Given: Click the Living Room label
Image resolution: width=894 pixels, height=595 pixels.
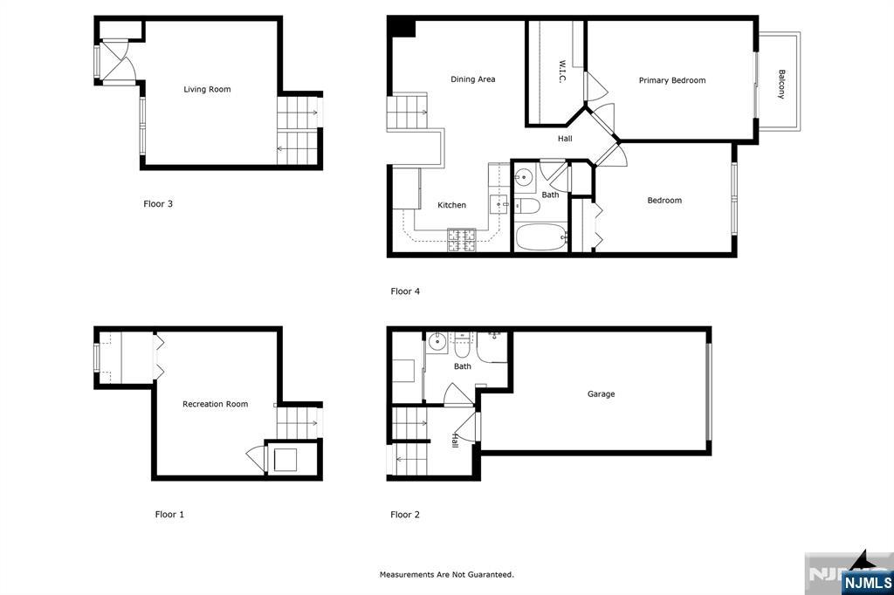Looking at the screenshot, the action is [x=207, y=90].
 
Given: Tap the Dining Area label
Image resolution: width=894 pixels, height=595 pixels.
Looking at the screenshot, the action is [x=472, y=79].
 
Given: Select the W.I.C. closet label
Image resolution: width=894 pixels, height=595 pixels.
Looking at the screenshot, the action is [x=561, y=72].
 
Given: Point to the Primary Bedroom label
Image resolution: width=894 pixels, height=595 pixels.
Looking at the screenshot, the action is [x=672, y=80].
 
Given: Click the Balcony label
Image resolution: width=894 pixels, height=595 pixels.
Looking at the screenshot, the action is [x=781, y=85].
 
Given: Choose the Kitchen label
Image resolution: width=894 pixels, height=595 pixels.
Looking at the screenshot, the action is [x=451, y=205].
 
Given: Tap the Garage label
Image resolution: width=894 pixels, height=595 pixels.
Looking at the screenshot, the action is [x=601, y=393].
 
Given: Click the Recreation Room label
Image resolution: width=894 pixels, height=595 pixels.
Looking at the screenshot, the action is [x=215, y=404].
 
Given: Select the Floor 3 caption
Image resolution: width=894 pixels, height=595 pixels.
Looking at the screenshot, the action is [x=158, y=203].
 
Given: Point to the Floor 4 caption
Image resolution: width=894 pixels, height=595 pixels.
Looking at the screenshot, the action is [x=405, y=291].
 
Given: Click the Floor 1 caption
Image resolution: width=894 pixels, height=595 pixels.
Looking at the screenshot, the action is [x=169, y=514].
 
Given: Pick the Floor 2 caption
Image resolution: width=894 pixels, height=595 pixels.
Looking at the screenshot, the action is [x=405, y=514].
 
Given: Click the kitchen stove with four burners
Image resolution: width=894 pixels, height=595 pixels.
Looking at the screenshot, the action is [x=461, y=240].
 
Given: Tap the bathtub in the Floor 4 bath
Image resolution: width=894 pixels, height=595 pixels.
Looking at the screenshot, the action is [x=541, y=237].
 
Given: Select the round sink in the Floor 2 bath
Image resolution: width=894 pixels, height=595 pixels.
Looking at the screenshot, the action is [x=437, y=343].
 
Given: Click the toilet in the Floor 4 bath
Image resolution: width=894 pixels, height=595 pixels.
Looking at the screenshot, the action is [x=526, y=206].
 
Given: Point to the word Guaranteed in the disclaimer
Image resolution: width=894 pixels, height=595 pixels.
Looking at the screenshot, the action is [x=491, y=574].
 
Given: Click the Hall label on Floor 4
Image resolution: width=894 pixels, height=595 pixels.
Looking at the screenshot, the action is [x=565, y=139].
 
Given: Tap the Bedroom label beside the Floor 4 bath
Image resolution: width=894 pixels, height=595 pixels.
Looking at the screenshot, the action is [x=664, y=201].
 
